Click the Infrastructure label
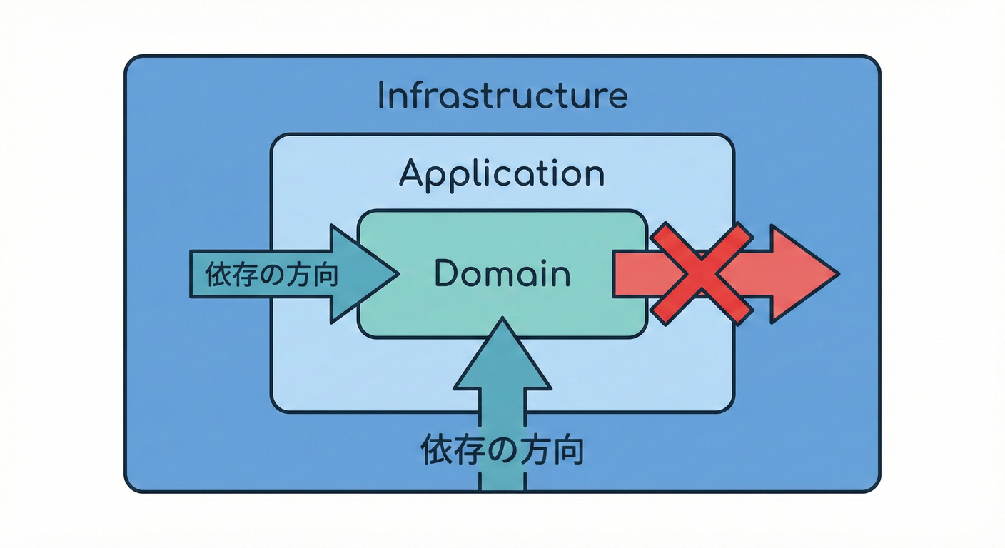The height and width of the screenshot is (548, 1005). [502, 96]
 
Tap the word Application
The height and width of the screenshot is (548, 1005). [501, 173]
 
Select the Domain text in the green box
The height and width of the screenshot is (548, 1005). [502, 274]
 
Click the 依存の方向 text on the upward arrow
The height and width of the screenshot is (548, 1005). [502, 450]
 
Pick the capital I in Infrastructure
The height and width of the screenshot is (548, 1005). [381, 96]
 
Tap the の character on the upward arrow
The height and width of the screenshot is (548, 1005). [503, 450]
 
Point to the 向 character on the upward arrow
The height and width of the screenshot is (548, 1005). [568, 450]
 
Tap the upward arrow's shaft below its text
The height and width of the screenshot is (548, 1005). [502, 479]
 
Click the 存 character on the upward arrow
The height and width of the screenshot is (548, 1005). [470, 450]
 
